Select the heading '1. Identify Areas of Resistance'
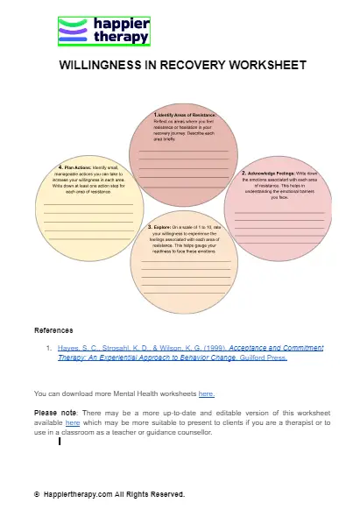click(184, 115)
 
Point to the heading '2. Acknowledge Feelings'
click(276, 174)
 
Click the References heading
click(53, 331)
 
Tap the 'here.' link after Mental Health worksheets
click(207, 394)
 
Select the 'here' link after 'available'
click(72, 423)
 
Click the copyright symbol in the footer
click(37, 495)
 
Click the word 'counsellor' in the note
click(191, 433)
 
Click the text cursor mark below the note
click(59, 443)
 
